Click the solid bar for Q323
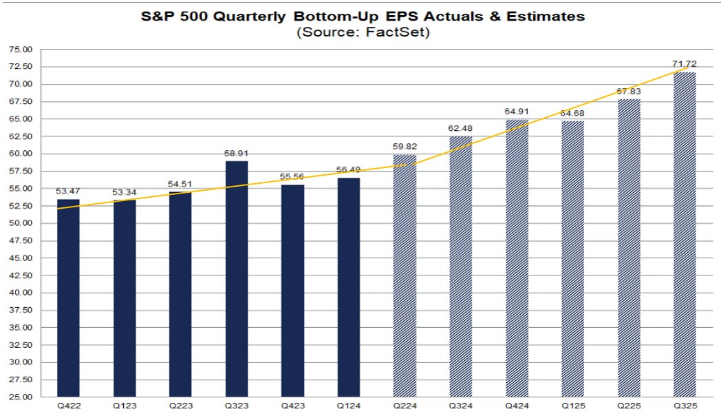pyautogui.click(x=237, y=279)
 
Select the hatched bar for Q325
pyautogui.click(x=685, y=234)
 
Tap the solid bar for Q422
pyautogui.click(x=68, y=298)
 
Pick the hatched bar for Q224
pyautogui.click(x=405, y=275)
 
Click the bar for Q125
pyautogui.click(x=572, y=258)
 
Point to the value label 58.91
pyautogui.click(x=237, y=154)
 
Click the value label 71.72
pyautogui.click(x=685, y=64)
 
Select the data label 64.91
pyautogui.click(x=517, y=112)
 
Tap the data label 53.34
pyautogui.click(x=124, y=192)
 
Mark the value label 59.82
pyautogui.click(x=405, y=147)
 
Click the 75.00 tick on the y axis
pyautogui.click(x=21, y=50)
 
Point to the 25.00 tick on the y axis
pyautogui.click(x=21, y=397)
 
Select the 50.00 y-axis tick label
pyautogui.click(x=21, y=223)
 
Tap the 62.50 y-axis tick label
pyautogui.click(x=21, y=136)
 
